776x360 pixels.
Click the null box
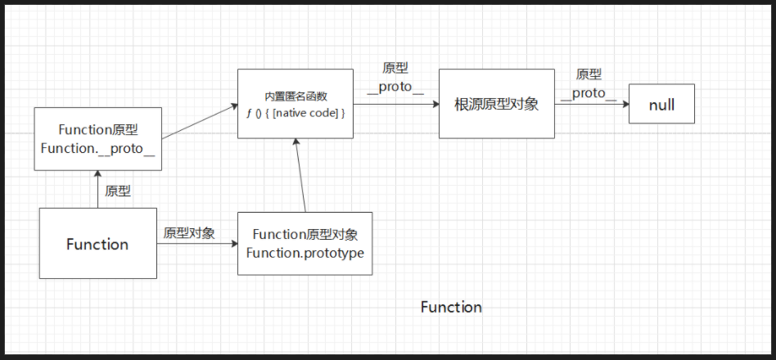tap(661, 104)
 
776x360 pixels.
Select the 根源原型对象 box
tap(496, 104)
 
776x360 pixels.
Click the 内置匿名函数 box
tap(296, 104)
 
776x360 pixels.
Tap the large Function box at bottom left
tap(97, 243)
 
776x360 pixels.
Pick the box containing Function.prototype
tap(305, 243)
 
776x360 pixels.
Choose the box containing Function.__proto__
tap(97, 139)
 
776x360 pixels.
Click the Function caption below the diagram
tap(451, 307)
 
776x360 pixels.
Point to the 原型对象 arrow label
tap(189, 233)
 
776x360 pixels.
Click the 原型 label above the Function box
tap(118, 191)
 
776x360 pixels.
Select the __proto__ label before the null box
tap(588, 92)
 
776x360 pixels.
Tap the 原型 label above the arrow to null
tap(589, 74)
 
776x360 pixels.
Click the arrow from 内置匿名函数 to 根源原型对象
tap(397, 104)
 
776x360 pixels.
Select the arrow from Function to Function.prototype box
tap(196, 244)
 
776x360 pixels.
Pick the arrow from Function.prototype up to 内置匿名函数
tap(300, 176)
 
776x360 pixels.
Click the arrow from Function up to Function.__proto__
tap(97, 189)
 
